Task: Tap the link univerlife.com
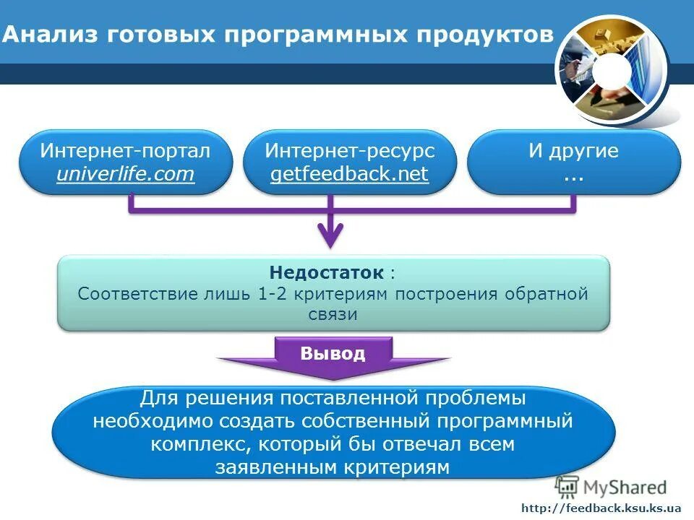click(x=126, y=174)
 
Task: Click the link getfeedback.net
click(x=349, y=174)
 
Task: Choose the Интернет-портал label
click(x=126, y=151)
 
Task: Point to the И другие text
click(x=573, y=151)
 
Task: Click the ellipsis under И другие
click(x=573, y=175)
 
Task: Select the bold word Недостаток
click(x=326, y=273)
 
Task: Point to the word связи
click(x=333, y=314)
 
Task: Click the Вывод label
click(x=333, y=354)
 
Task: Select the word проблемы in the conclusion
click(x=472, y=398)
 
